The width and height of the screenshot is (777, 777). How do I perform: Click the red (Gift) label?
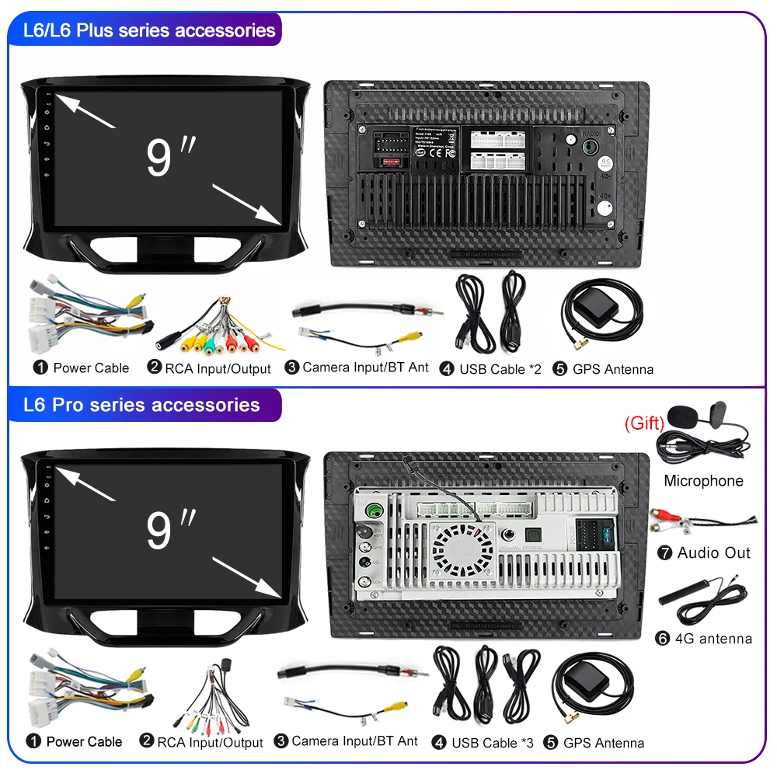644,423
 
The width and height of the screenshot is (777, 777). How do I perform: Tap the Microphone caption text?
703,481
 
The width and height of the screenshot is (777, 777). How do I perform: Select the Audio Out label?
713,553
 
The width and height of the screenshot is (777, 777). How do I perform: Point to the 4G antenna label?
714,639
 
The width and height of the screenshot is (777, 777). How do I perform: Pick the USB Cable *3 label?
493,743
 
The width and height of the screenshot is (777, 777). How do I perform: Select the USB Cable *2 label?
500,369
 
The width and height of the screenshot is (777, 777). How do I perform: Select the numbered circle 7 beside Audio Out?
664,553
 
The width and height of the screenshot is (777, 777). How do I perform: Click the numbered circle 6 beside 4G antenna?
663,639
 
